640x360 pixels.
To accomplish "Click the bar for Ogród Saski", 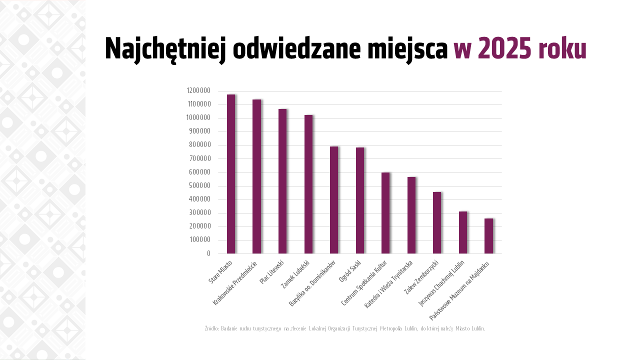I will coord(360,200).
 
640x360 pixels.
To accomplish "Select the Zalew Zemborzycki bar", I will coord(437,222).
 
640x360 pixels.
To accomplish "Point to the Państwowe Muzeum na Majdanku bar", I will coord(488,236).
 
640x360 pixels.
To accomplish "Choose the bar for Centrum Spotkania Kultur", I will coord(385,213).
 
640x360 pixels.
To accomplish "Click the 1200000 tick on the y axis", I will coord(198,90).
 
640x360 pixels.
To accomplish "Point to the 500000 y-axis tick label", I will coord(199,185).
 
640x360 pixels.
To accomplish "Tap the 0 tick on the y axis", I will coord(208,253).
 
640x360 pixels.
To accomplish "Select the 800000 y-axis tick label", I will coord(199,145).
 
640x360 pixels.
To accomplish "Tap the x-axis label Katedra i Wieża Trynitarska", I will coord(389,284).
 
